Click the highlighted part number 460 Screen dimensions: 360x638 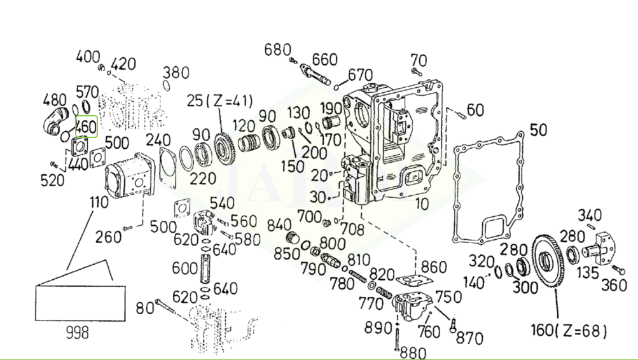86,127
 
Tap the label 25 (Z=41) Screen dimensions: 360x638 219,100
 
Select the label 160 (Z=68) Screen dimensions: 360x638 568,331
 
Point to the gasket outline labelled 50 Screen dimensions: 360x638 490,191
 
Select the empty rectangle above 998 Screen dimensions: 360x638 80,304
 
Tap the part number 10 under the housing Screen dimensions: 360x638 422,204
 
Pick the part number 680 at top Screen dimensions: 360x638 277,50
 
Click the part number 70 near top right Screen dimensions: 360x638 418,59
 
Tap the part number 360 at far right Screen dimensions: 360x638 614,284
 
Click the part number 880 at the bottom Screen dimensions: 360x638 413,352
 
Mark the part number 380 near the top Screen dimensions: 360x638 176,71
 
